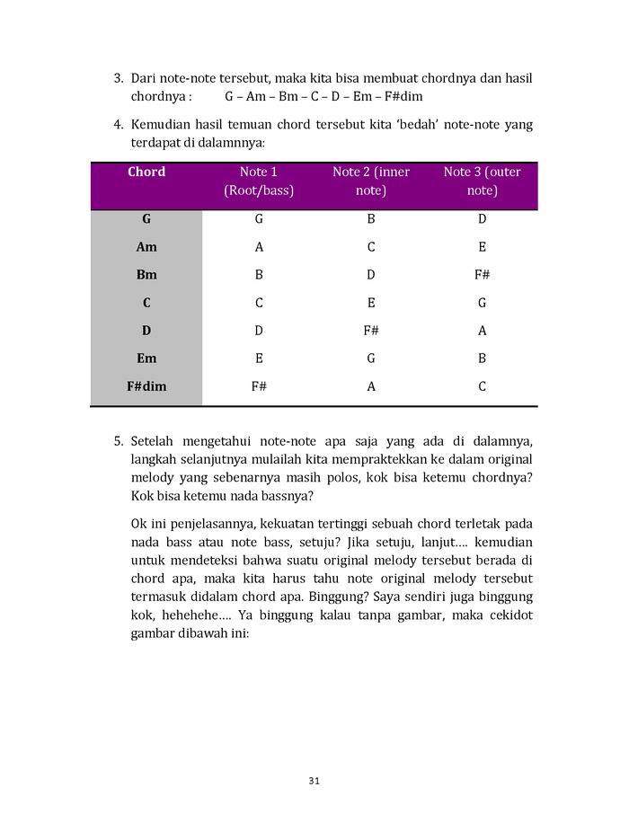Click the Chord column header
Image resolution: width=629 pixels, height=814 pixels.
pos(146,172)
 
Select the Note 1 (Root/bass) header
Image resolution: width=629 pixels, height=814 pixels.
pos(259,181)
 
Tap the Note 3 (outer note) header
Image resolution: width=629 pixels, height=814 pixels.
pos(482,181)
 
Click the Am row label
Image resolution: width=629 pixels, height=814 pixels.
pos(146,247)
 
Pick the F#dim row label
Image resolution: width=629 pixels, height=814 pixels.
pos(146,386)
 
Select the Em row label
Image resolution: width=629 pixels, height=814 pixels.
pos(146,358)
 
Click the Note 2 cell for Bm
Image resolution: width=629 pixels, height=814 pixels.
pos(371,275)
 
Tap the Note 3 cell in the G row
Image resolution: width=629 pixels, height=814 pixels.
pos(482,219)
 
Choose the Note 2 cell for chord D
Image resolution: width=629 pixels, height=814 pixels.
pos(371,331)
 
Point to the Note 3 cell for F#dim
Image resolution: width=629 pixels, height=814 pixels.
pos(482,386)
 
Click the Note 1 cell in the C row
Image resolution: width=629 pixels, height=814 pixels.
pos(259,303)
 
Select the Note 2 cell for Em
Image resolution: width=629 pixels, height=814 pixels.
pos(371,358)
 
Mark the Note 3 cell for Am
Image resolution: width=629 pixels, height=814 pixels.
pos(482,247)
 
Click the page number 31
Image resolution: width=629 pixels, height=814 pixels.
pos(314,780)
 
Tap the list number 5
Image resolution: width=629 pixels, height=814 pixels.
pos(118,441)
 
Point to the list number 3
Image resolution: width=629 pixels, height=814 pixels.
pos(118,79)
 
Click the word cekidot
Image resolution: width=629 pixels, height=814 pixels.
pos(509,615)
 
